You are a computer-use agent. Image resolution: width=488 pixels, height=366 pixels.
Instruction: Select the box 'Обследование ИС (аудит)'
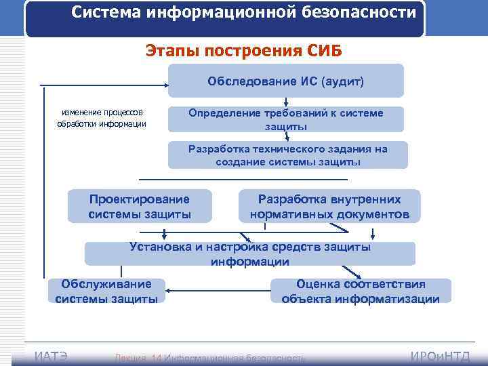coord(285,81)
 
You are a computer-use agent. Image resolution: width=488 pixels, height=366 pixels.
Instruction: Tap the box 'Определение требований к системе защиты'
coord(285,119)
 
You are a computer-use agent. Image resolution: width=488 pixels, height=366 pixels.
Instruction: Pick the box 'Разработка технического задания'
coord(288,155)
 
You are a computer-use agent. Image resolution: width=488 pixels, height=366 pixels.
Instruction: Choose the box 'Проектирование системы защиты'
coord(140,207)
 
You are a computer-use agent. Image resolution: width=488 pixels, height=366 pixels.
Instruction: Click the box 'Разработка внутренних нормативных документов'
coord(329,207)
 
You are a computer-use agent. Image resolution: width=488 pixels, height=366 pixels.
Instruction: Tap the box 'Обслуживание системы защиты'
coord(106,291)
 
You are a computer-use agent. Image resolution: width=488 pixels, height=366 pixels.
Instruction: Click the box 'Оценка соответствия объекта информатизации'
coord(361,291)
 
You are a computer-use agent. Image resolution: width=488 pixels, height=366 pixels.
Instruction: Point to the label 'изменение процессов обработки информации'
coord(102,118)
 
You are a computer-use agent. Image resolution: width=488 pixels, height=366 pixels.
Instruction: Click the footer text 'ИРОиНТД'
coord(441,357)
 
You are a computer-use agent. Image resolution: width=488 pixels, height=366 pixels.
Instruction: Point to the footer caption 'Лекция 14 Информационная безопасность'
coord(210,357)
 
